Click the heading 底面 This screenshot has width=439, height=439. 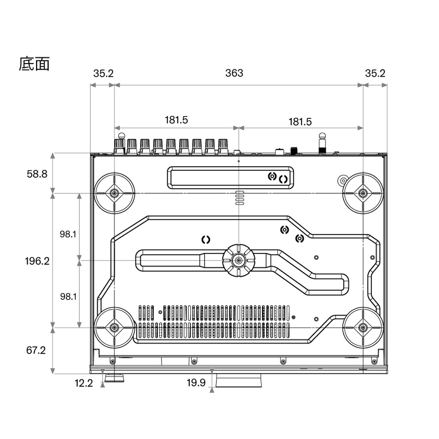pyautogui.click(x=34, y=63)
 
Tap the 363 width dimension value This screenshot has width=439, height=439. pyautogui.click(x=234, y=73)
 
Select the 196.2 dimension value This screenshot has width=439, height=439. pyautogui.click(x=37, y=261)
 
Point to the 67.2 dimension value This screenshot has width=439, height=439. pyautogui.click(x=36, y=350)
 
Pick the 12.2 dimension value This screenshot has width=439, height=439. pyautogui.click(x=84, y=383)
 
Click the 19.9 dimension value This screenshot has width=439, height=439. pyautogui.click(x=196, y=383)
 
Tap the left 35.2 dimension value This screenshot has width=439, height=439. pyautogui.click(x=103, y=73)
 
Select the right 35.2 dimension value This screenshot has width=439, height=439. pyautogui.click(x=375, y=73)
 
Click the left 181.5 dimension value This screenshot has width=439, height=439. pyautogui.click(x=176, y=120)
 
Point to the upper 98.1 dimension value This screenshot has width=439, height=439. pyautogui.click(x=68, y=234)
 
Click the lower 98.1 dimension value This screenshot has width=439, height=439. pyautogui.click(x=68, y=296)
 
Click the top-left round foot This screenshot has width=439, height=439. pyautogui.click(x=114, y=193)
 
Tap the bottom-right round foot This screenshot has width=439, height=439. pyautogui.click(x=363, y=328)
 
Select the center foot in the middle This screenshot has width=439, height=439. pyautogui.click(x=238, y=260)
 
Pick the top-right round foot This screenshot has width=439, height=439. pyautogui.click(x=363, y=193)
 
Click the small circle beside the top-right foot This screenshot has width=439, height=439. pyautogui.click(x=343, y=180)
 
